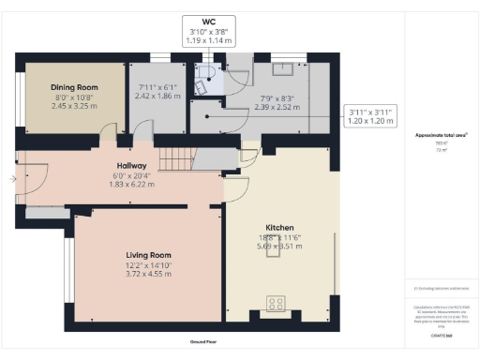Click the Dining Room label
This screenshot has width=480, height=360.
[74, 87]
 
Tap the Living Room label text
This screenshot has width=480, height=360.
[148, 254]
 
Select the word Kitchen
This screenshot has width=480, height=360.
[279, 228]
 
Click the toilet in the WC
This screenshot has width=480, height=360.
[201, 82]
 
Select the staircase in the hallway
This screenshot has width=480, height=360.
[174, 157]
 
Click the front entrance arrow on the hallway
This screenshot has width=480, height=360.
[11, 176]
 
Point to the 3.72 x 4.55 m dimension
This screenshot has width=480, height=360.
[148, 273]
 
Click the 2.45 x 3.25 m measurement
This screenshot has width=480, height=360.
[74, 106]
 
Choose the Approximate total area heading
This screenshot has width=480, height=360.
[441, 135]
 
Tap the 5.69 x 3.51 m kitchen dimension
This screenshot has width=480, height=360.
[279, 247]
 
